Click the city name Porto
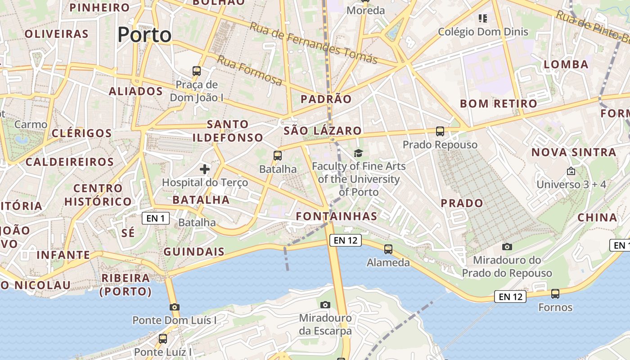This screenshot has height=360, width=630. (144, 35)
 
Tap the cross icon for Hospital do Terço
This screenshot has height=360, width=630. (205, 169)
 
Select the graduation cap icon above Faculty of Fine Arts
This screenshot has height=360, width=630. (358, 153)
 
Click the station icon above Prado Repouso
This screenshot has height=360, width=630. (440, 131)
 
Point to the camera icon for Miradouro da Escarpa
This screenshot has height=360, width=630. (325, 305)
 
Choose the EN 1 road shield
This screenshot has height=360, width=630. (156, 219)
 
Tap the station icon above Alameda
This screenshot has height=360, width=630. (388, 249)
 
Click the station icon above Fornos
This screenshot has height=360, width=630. (555, 294)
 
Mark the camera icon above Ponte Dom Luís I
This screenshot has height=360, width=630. (175, 307)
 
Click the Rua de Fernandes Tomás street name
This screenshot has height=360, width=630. (314, 43)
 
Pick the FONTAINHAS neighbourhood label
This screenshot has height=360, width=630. (337, 216)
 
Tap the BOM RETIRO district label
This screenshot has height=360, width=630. (499, 103)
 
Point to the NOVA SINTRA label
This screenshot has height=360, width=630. (574, 152)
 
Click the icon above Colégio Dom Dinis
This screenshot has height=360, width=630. (483, 18)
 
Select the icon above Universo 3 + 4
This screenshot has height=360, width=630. (571, 171)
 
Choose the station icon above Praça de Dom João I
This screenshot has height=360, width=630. (197, 71)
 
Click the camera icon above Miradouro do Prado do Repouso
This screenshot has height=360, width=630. (507, 247)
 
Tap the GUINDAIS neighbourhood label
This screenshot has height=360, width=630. (194, 252)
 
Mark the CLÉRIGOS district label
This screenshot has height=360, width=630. (82, 133)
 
